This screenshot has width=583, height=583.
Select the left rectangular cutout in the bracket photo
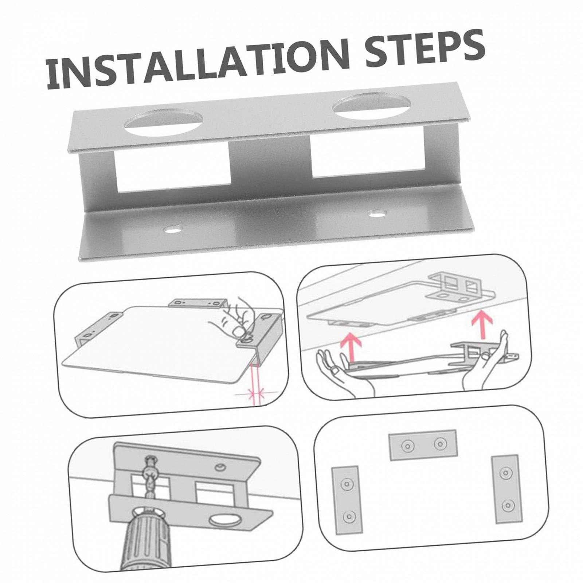coord(173,171)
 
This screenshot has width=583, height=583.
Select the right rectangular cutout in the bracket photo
coord(368,154)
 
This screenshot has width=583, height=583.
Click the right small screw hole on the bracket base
coord(378,214)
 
